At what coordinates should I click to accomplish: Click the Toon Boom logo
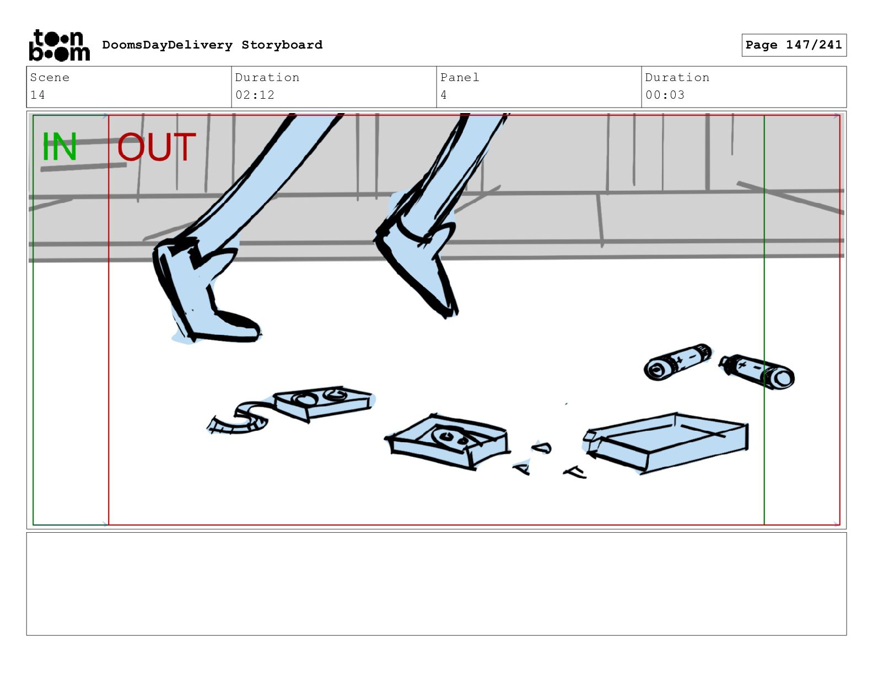coord(60,45)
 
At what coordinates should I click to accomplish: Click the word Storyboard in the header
coord(282,45)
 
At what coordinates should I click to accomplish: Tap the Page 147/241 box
coord(794,45)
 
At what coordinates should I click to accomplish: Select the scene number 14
coord(37,95)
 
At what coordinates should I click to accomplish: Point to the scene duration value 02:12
coord(255,95)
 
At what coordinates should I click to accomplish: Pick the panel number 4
coord(444,95)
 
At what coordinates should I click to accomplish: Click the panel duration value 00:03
coord(665,95)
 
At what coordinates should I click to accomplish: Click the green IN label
coord(60,146)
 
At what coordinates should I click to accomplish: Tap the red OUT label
coord(157,147)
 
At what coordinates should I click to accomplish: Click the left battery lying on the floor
coord(677,361)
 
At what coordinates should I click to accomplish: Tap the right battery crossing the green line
coord(757,371)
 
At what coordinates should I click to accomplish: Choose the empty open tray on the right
coord(665,442)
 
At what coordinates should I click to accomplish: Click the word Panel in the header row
coord(460,77)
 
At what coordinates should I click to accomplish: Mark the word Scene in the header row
coord(50,77)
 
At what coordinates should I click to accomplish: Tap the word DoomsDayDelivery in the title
coord(168,45)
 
